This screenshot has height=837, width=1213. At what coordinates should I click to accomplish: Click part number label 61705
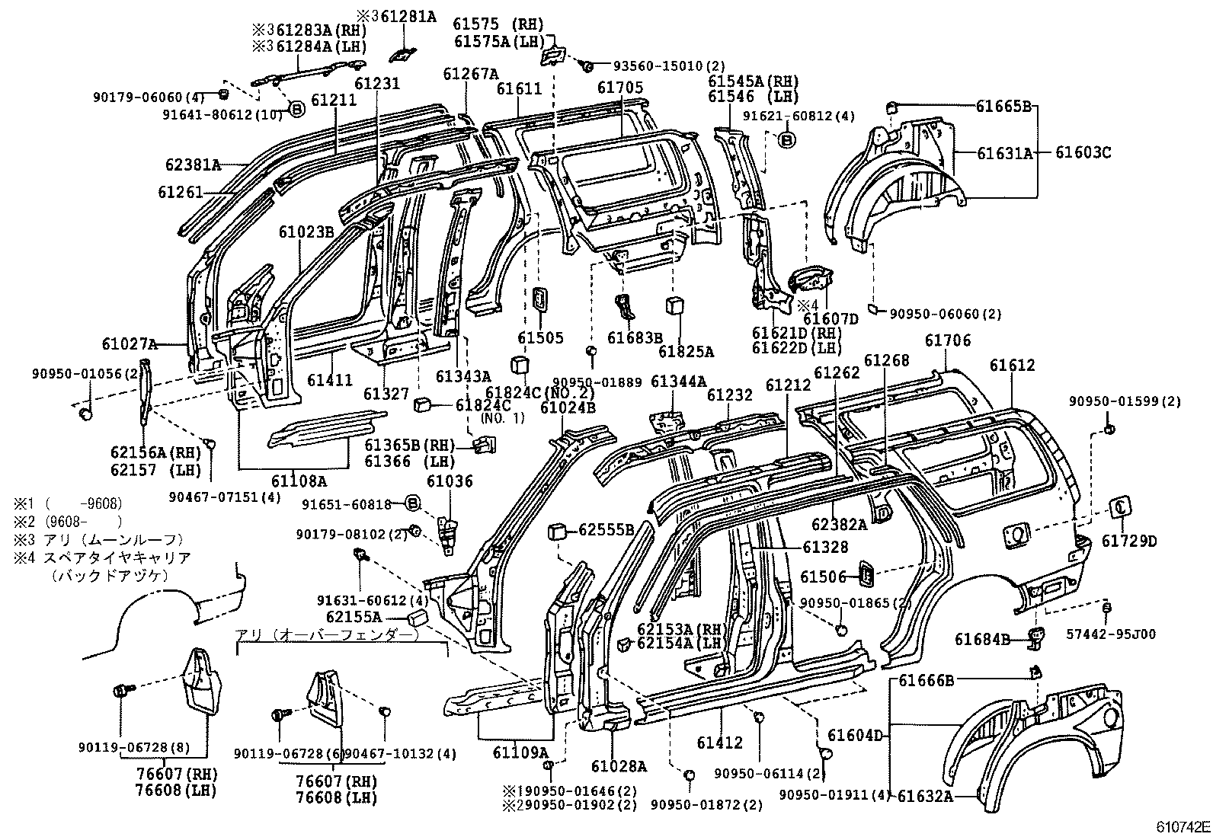619,89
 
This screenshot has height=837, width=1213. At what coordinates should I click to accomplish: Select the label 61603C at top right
1083,153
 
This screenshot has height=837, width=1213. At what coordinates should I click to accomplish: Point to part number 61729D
1128,541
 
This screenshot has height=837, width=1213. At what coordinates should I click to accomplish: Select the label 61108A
299,481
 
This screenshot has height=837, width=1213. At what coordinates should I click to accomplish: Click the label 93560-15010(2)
660,66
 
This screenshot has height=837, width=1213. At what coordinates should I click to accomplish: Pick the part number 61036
450,481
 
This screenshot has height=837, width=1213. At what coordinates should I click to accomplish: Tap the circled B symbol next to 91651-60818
411,503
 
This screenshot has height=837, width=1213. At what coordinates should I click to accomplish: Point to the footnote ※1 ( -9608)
67,503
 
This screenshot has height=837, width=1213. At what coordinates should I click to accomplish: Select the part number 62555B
606,529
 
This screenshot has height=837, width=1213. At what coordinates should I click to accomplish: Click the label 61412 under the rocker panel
719,743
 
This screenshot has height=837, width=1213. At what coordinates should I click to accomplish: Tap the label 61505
540,338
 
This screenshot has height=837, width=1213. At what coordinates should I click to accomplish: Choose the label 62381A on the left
193,164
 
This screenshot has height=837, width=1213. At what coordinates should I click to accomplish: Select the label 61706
948,340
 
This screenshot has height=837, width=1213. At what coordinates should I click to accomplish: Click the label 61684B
982,640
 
